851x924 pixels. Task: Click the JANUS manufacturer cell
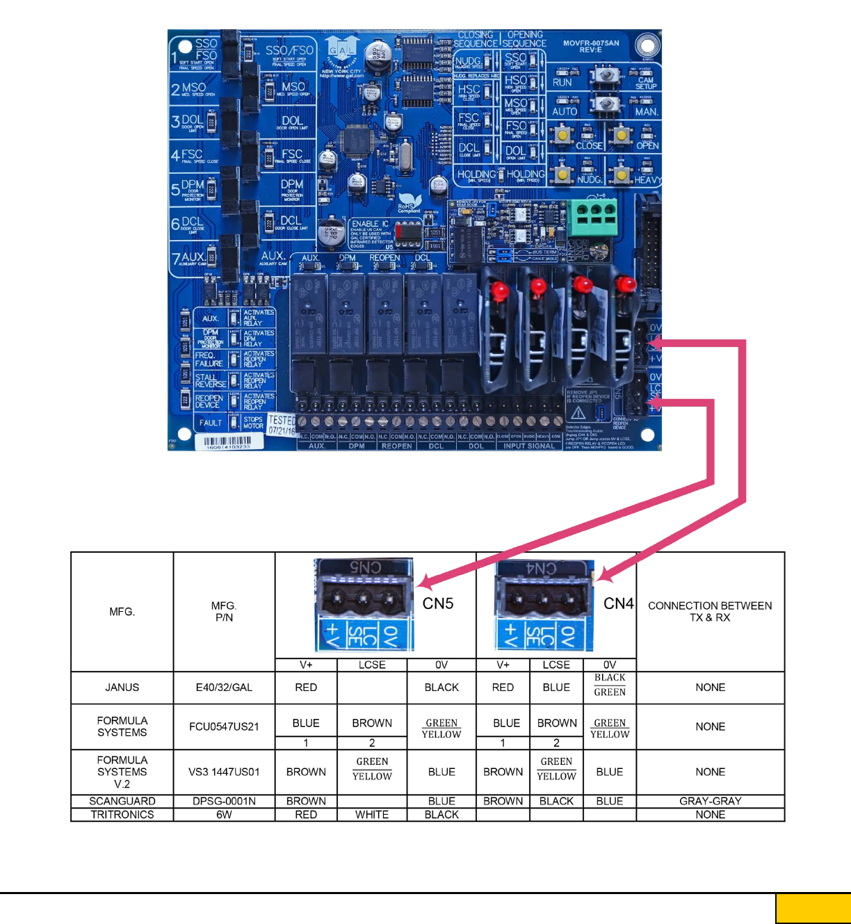[122, 688]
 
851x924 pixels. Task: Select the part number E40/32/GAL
[224, 688]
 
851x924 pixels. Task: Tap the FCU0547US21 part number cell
[224, 727]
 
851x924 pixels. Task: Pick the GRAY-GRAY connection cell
[710, 801]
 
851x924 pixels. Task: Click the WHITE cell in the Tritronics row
[372, 815]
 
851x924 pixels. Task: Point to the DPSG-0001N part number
[224, 801]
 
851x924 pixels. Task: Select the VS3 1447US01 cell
[224, 772]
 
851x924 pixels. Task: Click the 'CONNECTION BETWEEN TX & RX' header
[710, 611]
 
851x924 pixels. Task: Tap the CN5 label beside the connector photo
[438, 603]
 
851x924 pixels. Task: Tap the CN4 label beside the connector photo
[618, 603]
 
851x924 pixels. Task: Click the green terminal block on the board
[592, 218]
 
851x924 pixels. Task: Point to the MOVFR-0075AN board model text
[590, 46]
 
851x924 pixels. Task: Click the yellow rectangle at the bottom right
[813, 909]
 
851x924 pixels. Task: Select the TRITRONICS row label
[122, 815]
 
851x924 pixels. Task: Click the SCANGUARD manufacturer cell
[122, 801]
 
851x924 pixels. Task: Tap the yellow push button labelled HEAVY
[622, 174]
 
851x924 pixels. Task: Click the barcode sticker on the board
[227, 442]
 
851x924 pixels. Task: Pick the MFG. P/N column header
[224, 611]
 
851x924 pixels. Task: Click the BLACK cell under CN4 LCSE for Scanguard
[556, 801]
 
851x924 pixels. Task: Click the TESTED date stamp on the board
[282, 425]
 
